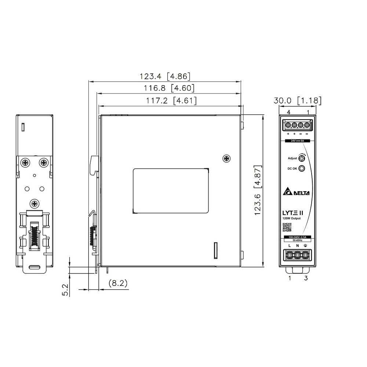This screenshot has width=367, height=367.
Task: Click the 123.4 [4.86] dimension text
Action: pyautogui.click(x=164, y=77)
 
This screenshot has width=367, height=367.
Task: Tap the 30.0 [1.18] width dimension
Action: pyautogui.click(x=298, y=101)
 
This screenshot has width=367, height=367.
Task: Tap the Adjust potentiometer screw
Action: pyautogui.click(x=302, y=159)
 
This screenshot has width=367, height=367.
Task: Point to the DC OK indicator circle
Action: pyautogui.click(x=302, y=169)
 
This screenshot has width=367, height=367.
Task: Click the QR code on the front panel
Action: pyautogui.click(x=286, y=228)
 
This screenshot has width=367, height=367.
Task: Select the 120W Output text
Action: pyautogui.click(x=291, y=218)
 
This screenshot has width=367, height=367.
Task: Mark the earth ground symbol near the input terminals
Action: pyautogui.click(x=305, y=245)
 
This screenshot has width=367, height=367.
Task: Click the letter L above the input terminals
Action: pyautogui.click(x=290, y=245)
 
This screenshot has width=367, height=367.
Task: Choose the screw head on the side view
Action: pyautogui.click(x=226, y=158)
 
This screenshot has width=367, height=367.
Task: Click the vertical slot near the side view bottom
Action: pyautogui.click(x=216, y=250)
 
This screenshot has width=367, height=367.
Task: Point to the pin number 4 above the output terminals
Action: pyautogui.click(x=289, y=112)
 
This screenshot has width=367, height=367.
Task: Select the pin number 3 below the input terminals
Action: pyautogui.click(x=305, y=278)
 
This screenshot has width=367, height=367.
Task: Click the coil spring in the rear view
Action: pyautogui.click(x=34, y=235)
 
